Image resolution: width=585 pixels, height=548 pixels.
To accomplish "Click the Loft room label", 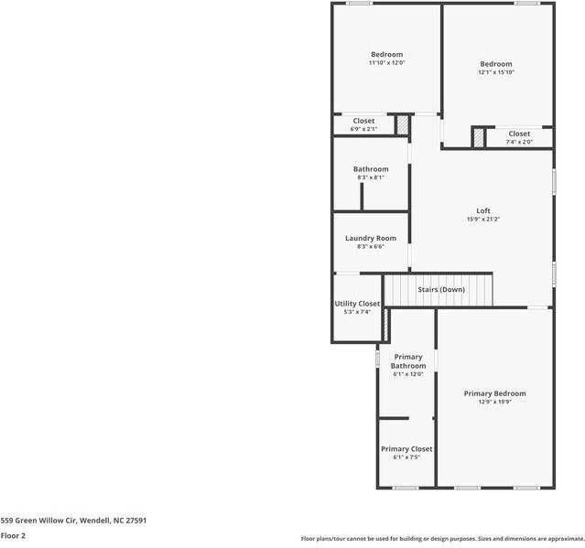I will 483,211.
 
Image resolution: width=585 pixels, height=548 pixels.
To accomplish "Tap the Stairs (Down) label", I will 441,290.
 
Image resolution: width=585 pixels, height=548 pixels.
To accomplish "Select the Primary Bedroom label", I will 494,393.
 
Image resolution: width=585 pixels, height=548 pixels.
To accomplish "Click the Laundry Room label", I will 371,238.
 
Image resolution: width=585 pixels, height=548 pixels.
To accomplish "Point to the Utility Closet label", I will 357,304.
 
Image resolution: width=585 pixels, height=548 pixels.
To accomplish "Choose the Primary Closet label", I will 406,449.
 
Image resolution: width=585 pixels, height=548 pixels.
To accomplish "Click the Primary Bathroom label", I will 408,361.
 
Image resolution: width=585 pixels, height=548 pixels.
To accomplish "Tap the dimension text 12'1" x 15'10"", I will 495,72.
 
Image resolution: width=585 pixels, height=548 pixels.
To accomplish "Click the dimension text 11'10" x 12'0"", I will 386,63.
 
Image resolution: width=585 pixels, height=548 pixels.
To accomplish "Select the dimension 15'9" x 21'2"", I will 483,220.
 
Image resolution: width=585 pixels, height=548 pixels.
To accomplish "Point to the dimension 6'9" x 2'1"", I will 363,129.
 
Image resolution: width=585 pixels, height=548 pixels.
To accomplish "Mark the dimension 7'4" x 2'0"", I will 519,142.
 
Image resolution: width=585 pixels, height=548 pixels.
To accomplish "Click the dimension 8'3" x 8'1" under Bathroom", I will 371,177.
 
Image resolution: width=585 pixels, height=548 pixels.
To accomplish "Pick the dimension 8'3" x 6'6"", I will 371,246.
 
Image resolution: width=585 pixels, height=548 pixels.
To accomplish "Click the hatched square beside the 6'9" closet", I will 402,124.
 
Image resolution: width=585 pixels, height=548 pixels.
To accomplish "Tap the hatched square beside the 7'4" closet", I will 478,137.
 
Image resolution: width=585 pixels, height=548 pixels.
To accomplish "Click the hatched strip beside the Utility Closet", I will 385,325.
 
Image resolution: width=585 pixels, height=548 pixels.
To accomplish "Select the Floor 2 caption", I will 14,535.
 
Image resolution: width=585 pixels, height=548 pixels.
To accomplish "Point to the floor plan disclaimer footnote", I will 441,539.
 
